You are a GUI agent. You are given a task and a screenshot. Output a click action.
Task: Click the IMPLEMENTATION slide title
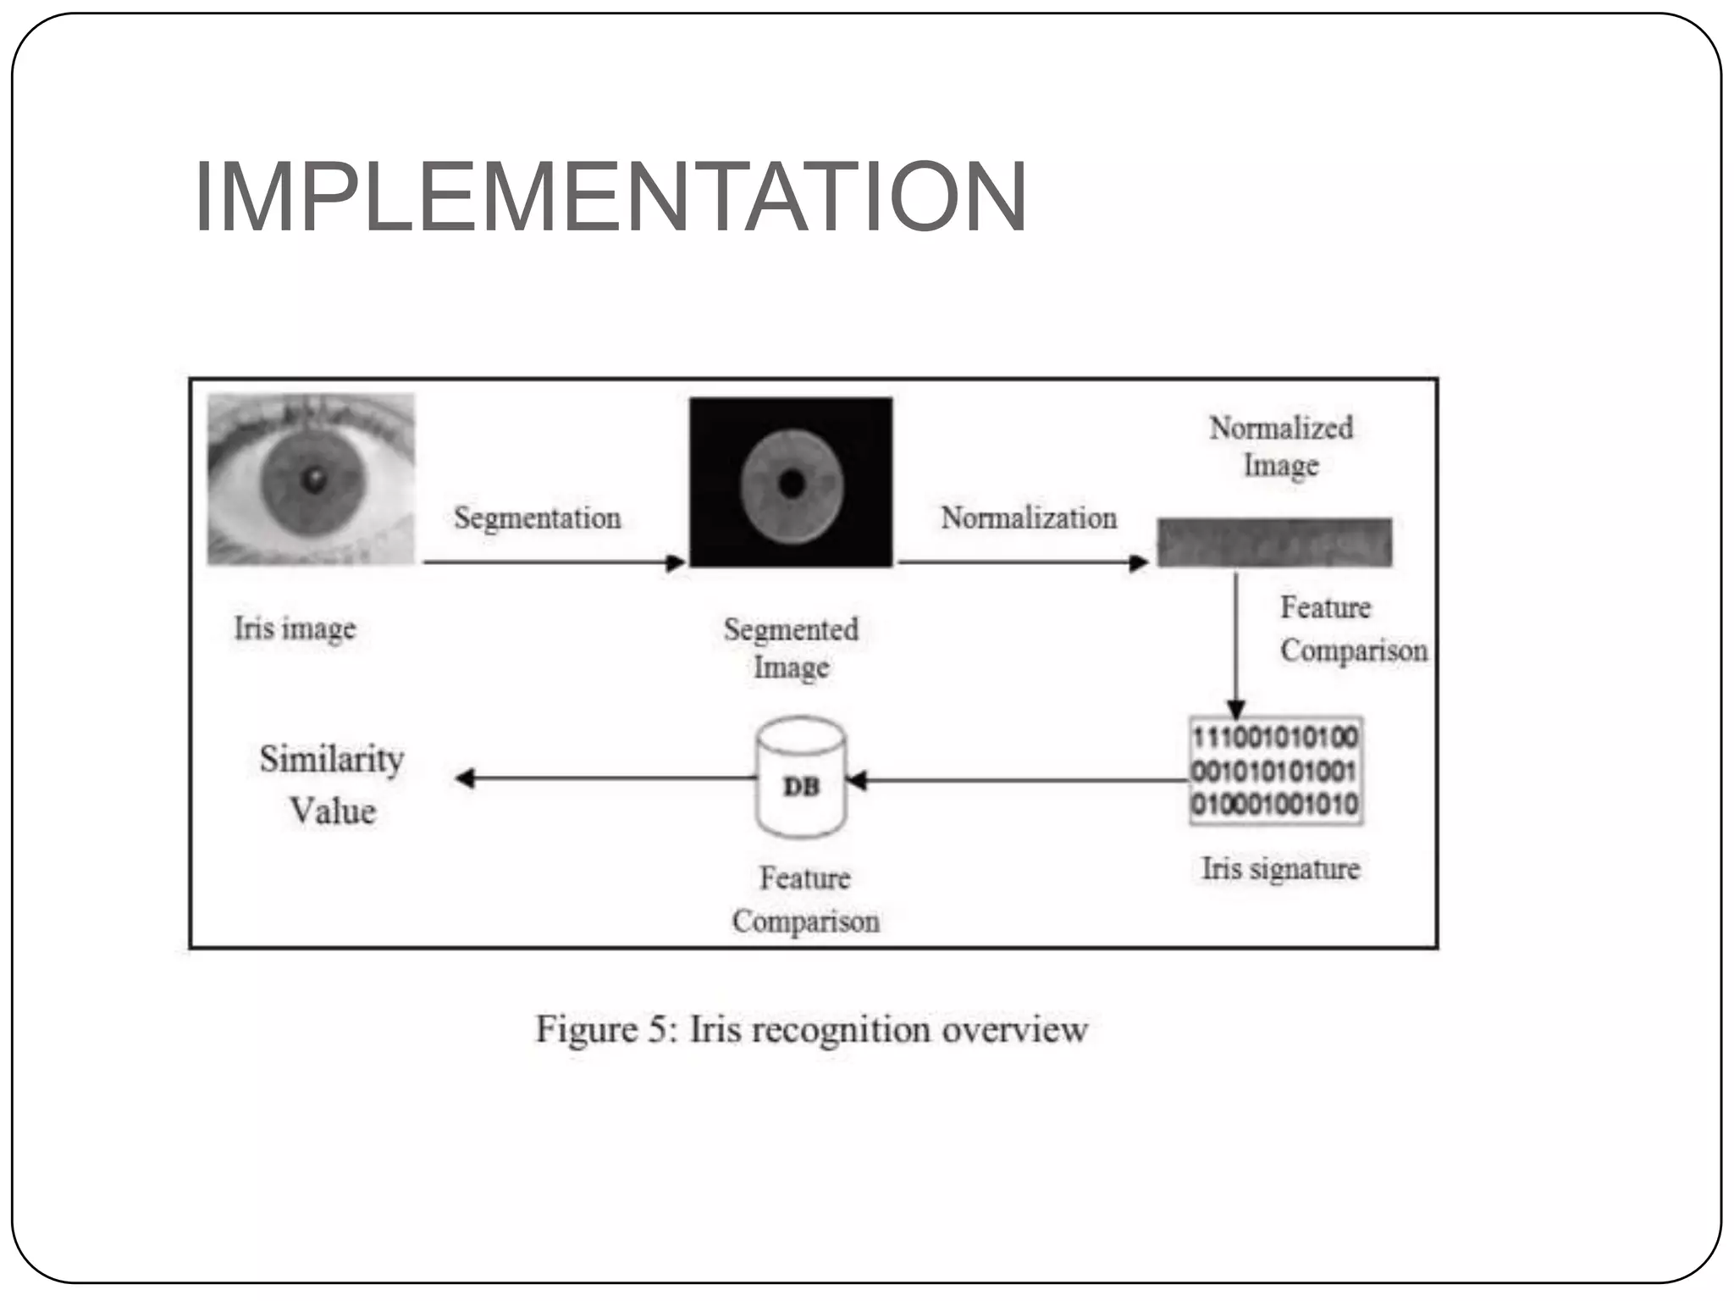[610, 197]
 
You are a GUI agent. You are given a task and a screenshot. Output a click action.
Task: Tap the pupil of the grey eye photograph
[314, 480]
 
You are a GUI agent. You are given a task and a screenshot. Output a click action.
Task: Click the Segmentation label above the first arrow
[537, 518]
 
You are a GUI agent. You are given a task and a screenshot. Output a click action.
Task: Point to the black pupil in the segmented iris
[792, 484]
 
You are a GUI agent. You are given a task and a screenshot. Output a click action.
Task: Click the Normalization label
[1028, 518]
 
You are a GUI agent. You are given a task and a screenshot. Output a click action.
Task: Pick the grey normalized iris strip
[1274, 542]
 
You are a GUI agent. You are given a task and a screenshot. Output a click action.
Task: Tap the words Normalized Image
[1280, 446]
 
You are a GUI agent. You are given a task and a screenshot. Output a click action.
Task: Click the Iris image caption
[295, 628]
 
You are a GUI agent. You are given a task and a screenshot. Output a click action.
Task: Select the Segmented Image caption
[791, 648]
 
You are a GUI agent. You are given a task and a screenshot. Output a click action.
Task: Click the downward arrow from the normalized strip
[1235, 644]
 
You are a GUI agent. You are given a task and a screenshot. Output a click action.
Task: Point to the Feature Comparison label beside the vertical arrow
[1352, 629]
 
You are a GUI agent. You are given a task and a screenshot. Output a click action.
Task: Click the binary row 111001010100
[1274, 737]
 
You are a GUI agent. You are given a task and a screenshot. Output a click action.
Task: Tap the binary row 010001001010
[1274, 804]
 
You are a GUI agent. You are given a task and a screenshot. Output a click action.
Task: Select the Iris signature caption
[1279, 869]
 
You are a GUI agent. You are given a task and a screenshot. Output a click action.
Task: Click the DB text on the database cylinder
[801, 787]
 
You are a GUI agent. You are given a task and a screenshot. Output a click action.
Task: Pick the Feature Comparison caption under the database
[805, 900]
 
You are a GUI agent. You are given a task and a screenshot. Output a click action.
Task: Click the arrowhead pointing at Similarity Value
[465, 778]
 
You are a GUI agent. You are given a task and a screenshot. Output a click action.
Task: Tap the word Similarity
[331, 759]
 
